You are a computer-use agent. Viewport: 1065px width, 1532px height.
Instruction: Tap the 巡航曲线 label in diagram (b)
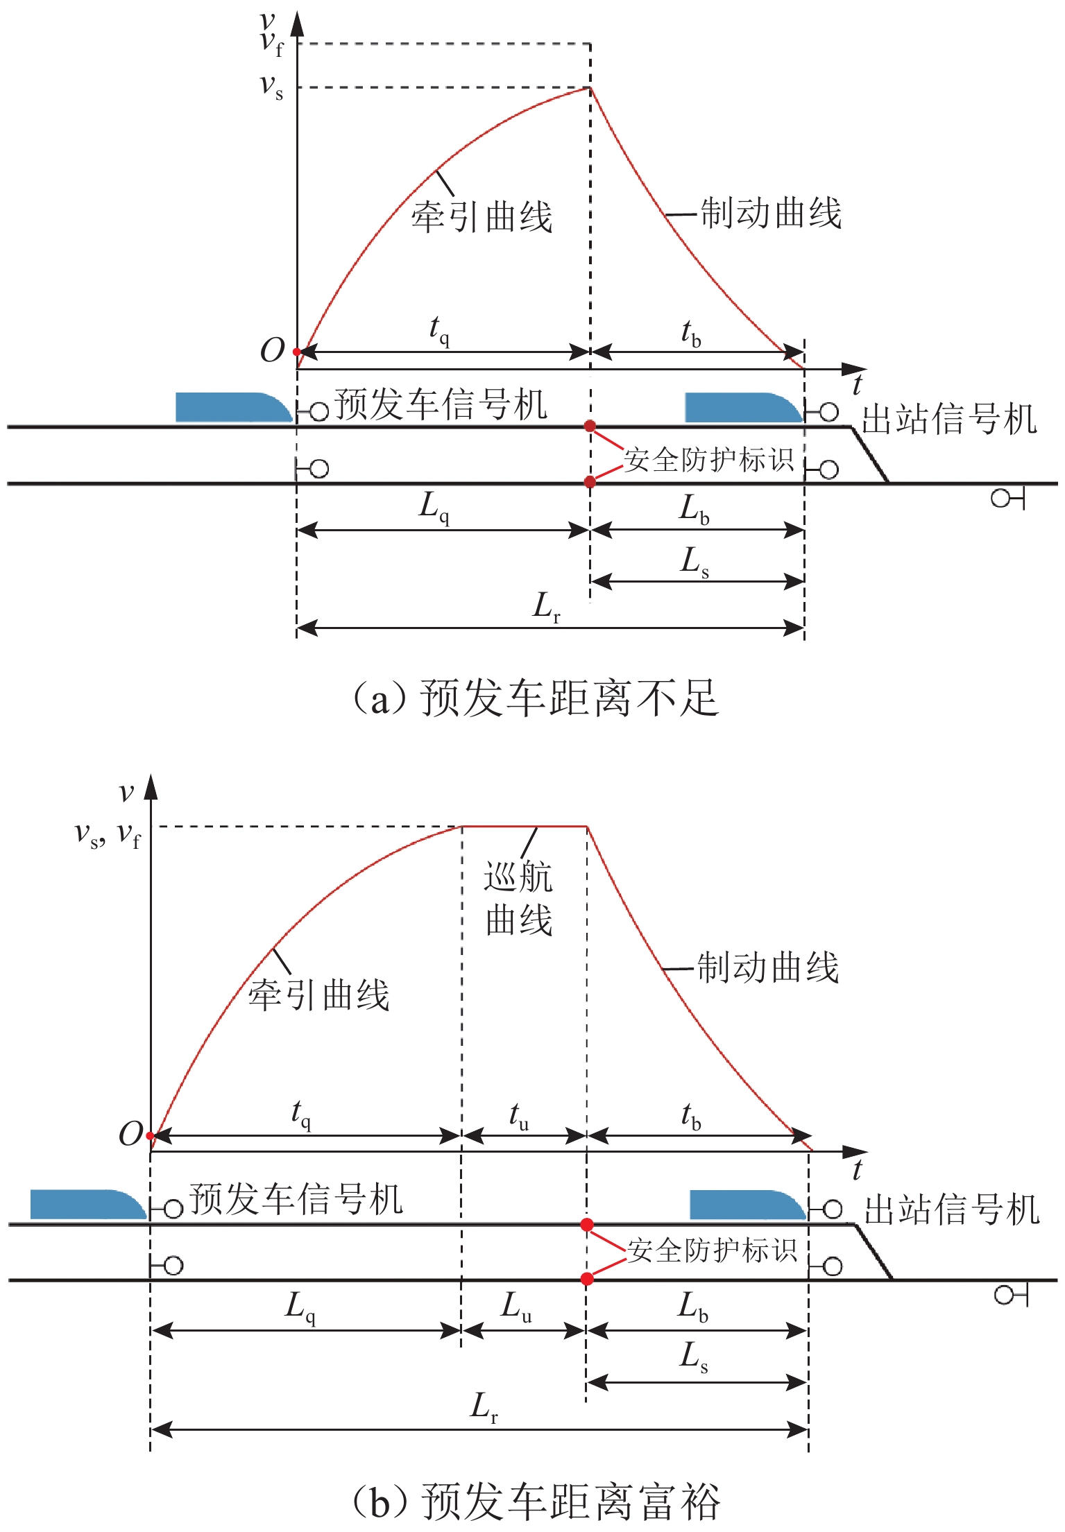pyautogui.click(x=518, y=899)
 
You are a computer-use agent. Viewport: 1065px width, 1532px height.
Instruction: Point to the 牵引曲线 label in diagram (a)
pyautogui.click(x=482, y=216)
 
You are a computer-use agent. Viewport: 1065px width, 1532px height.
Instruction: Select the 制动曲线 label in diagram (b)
pyautogui.click(x=767, y=967)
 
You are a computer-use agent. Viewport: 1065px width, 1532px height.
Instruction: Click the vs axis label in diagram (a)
pyautogui.click(x=271, y=86)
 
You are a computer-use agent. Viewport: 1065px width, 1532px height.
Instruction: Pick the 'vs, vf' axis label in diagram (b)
pyautogui.click(x=108, y=834)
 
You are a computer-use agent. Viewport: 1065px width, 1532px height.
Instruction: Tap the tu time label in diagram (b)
pyautogui.click(x=519, y=1116)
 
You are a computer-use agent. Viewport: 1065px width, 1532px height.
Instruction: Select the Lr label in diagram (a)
pyautogui.click(x=547, y=607)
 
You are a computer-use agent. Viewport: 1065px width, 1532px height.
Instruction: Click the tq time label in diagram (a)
pyautogui.click(x=439, y=329)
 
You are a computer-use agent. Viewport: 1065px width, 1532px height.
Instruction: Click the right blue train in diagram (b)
pyautogui.click(x=747, y=1205)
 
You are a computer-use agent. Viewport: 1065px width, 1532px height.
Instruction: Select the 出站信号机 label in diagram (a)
pyautogui.click(x=949, y=420)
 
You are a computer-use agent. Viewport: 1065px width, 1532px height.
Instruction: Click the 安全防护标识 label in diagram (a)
pyautogui.click(x=708, y=460)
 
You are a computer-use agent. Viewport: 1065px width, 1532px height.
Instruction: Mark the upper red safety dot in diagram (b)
pyautogui.click(x=587, y=1225)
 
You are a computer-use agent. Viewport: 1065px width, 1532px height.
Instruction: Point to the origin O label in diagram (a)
pyautogui.click(x=272, y=351)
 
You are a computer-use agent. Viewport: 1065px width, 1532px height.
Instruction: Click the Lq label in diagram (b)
pyautogui.click(x=300, y=1307)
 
